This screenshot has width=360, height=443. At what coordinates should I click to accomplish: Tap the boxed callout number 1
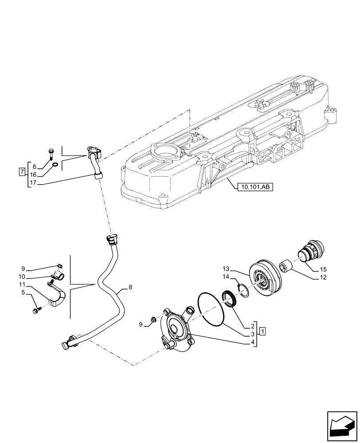pos(262,331)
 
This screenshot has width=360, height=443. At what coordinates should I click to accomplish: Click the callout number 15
pos(322,269)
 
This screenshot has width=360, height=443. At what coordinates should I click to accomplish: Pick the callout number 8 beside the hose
pos(130,288)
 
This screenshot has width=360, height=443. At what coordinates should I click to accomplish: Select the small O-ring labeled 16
pos(54,166)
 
